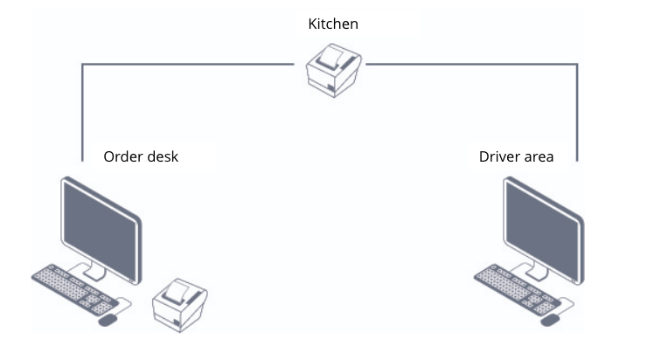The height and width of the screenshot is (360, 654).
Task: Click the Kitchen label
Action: coord(333,24)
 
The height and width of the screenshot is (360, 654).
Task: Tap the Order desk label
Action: coord(141,156)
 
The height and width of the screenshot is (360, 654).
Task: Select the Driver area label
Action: coord(516,156)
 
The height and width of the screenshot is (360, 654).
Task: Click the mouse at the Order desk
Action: coord(108,320)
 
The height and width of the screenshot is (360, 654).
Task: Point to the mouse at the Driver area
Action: coord(551,320)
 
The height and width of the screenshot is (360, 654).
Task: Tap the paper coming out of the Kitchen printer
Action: coord(331,58)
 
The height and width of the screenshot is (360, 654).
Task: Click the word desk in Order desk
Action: coord(163,156)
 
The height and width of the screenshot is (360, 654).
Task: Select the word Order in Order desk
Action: coord(122,156)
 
